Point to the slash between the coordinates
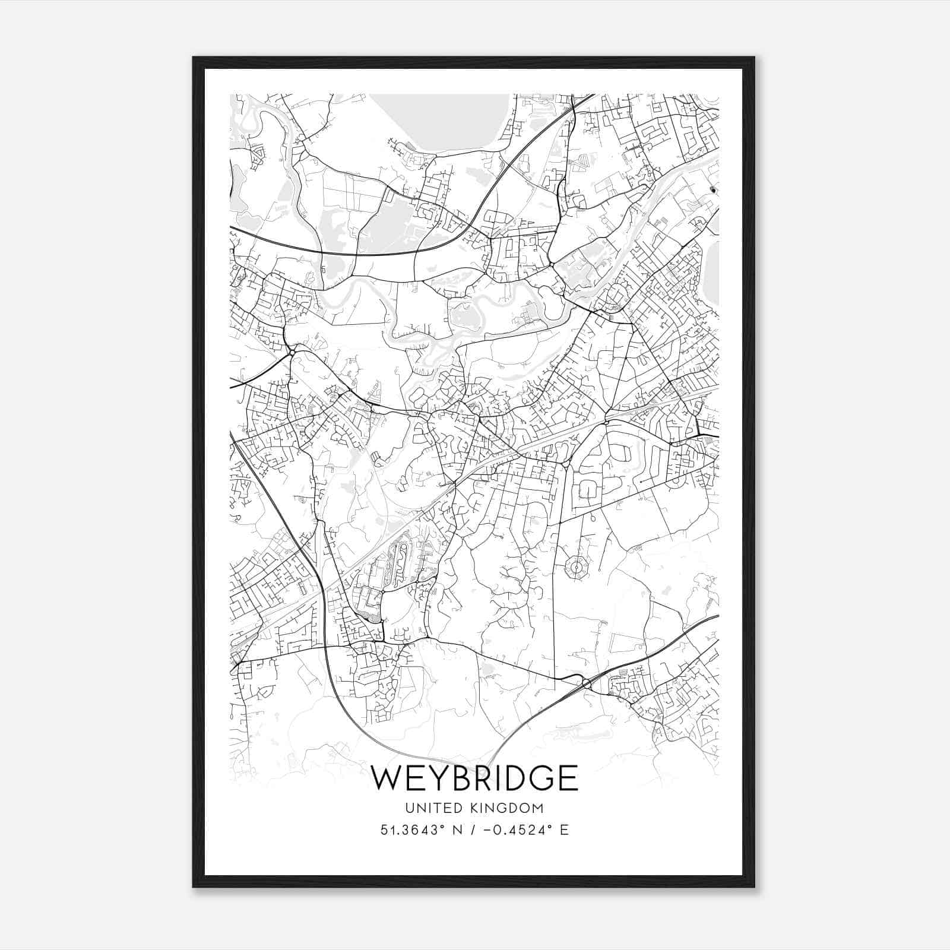tap(471, 829)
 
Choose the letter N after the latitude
tap(457, 829)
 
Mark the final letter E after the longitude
tap(564, 829)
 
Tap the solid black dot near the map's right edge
tap(713, 190)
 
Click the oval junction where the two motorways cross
tap(586, 683)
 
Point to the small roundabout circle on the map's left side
tap(292, 353)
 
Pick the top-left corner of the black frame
tap(194, 58)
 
